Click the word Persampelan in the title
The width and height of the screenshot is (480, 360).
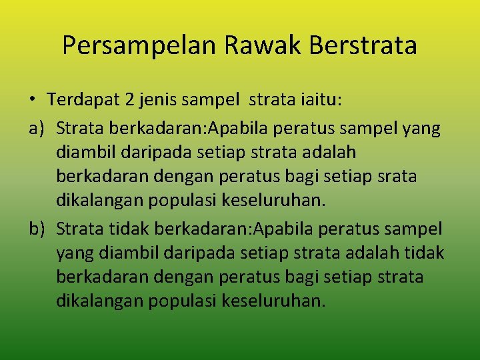pos(140,45)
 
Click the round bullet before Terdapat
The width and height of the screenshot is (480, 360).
pos(32,101)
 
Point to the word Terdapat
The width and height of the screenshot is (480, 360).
pos(83,100)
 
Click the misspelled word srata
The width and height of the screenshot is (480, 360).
pos(398,177)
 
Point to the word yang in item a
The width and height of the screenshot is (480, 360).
pos(423,127)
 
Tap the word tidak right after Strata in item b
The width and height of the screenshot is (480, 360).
pos(129,229)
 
